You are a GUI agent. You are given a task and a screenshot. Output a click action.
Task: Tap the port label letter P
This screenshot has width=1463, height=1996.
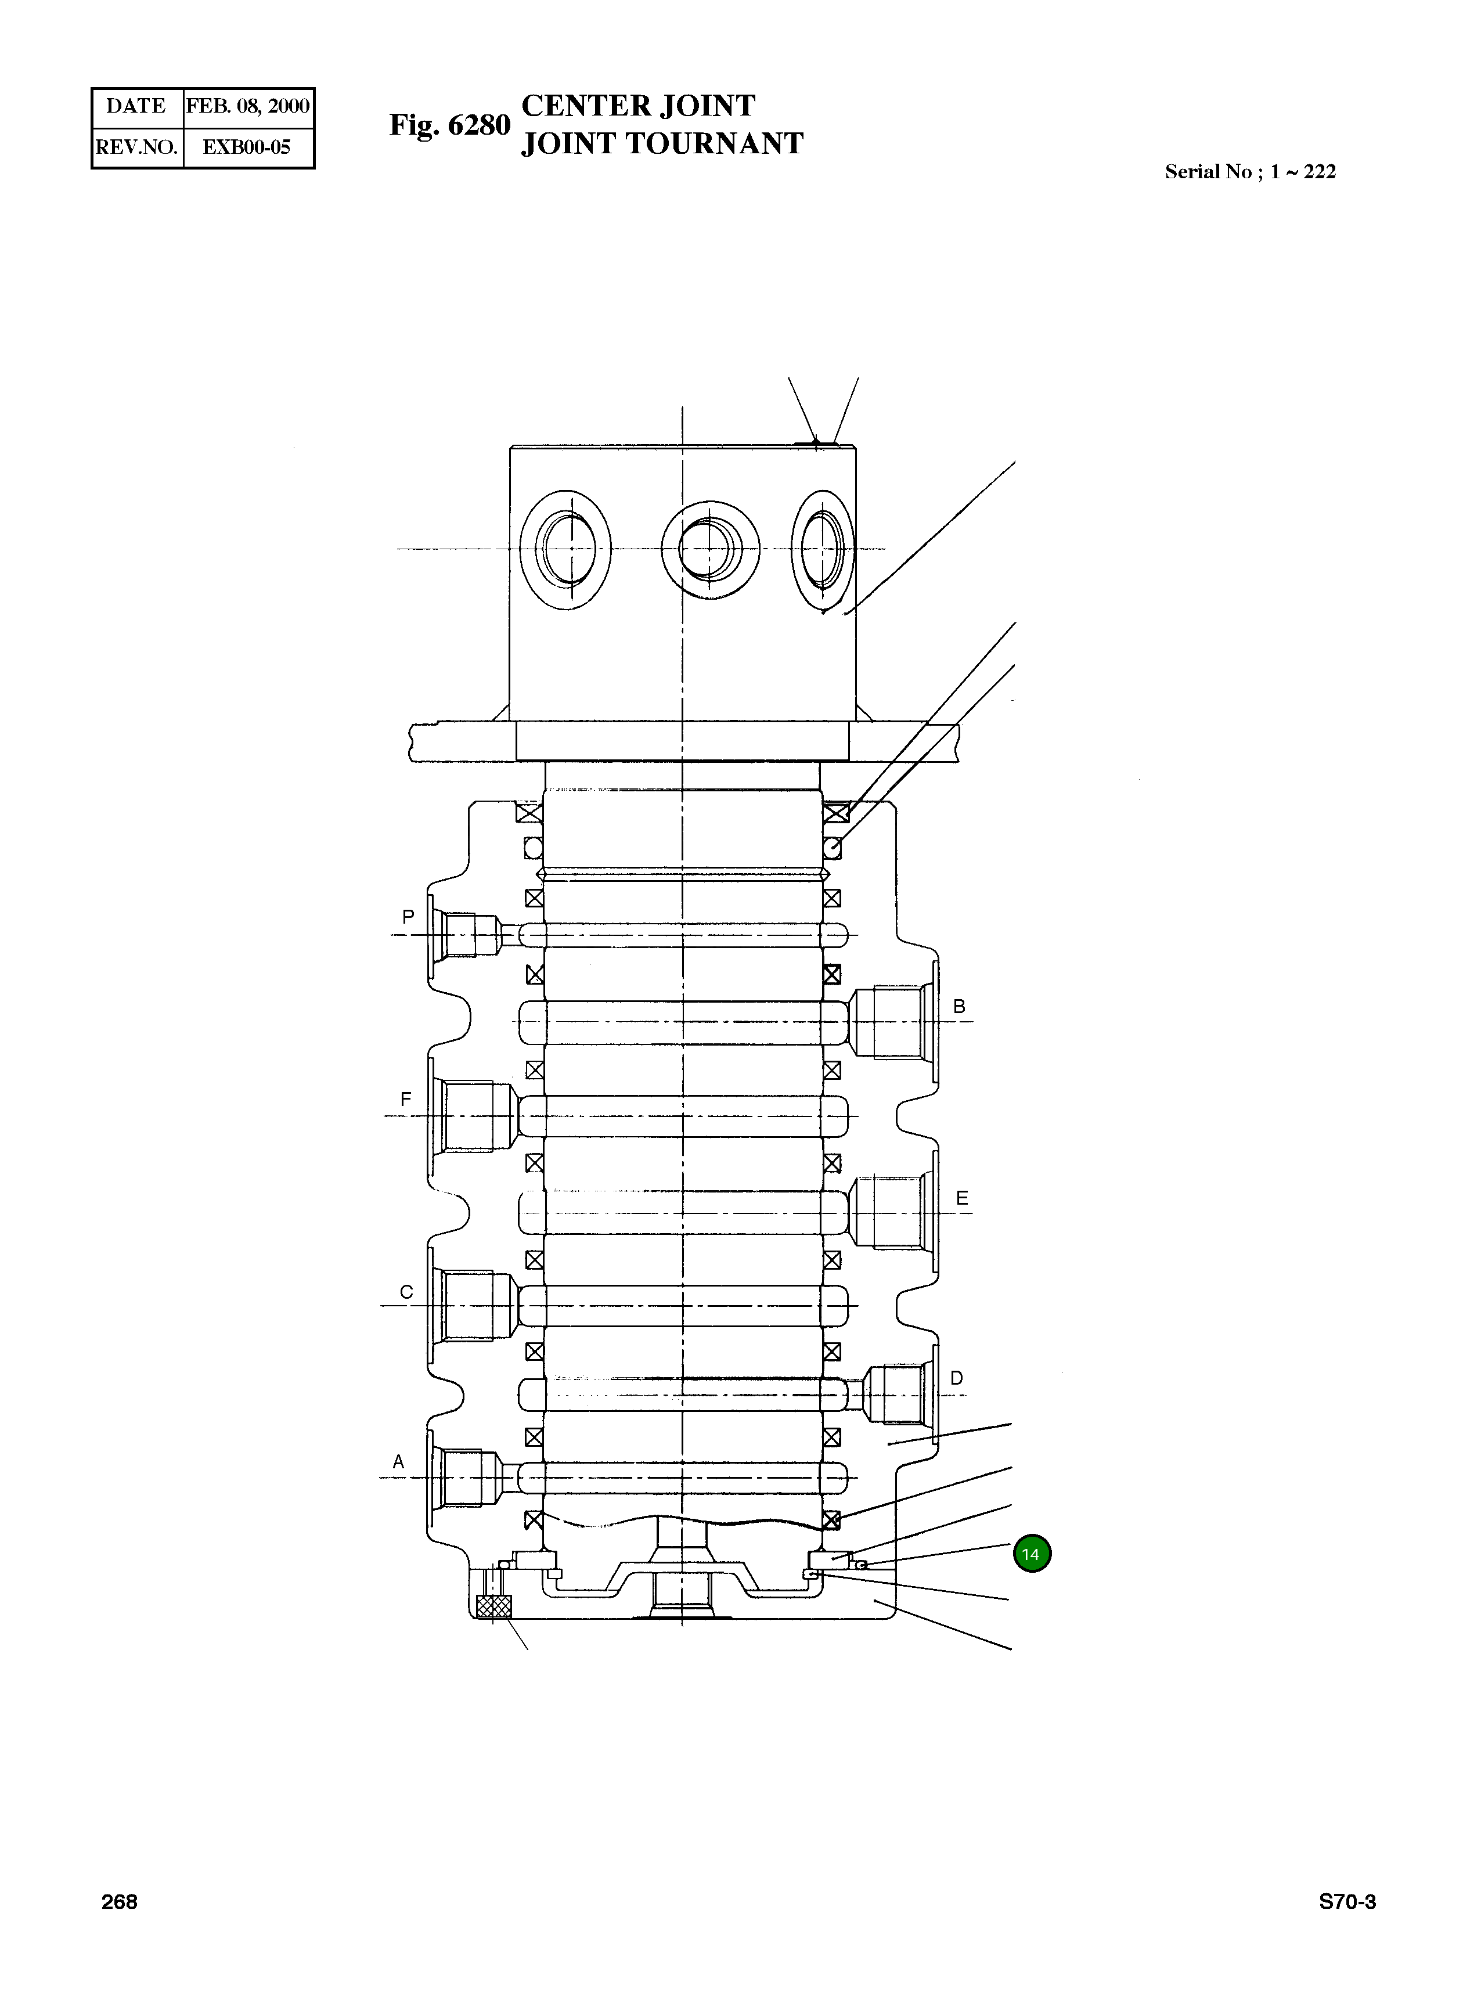click(x=408, y=917)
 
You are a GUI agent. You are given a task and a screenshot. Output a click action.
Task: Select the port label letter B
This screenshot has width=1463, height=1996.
click(x=958, y=1007)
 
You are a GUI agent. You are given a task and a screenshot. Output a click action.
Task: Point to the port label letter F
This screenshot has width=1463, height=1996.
click(x=406, y=1100)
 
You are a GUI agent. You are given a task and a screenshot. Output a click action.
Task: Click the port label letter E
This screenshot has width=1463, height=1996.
click(x=962, y=1198)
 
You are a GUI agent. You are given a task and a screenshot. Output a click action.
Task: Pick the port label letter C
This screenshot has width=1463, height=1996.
click(x=406, y=1292)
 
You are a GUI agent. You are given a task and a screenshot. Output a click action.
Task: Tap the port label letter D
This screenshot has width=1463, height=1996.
click(x=956, y=1378)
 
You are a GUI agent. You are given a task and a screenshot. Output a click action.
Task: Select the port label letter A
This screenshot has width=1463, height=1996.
click(x=398, y=1462)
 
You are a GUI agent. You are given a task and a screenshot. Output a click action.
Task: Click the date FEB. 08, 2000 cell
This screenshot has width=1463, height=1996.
click(x=248, y=106)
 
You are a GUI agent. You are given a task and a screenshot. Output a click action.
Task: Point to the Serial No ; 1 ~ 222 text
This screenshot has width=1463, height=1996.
click(x=1249, y=172)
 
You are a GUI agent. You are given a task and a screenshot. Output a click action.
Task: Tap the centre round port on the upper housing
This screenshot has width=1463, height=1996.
click(x=710, y=548)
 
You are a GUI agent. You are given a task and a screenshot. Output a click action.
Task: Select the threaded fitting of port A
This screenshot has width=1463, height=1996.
click(x=469, y=1478)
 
